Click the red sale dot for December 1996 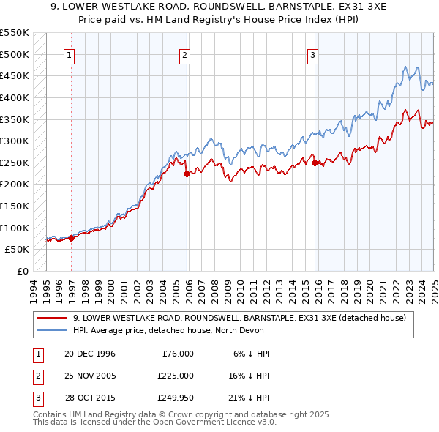click(72, 237)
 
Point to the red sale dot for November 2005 click(187, 174)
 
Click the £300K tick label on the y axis click(15, 141)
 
